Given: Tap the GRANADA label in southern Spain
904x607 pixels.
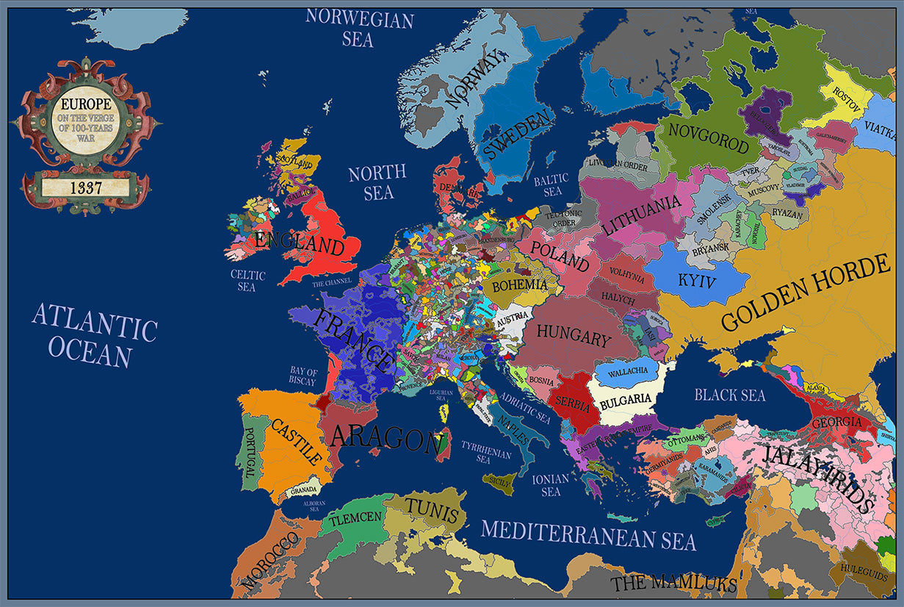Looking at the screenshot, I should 304,490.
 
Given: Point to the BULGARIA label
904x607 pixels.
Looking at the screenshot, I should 626,401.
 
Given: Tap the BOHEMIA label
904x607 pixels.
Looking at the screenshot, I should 519,285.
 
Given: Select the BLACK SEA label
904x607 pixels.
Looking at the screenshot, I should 730,395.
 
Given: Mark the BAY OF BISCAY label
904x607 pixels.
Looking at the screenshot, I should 303,377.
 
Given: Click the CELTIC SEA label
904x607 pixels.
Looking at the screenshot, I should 247,281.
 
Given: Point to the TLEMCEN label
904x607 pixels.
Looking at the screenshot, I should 355,518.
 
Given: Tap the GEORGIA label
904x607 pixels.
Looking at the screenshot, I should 836,423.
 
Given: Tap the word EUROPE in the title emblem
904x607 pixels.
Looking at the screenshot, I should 86,104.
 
